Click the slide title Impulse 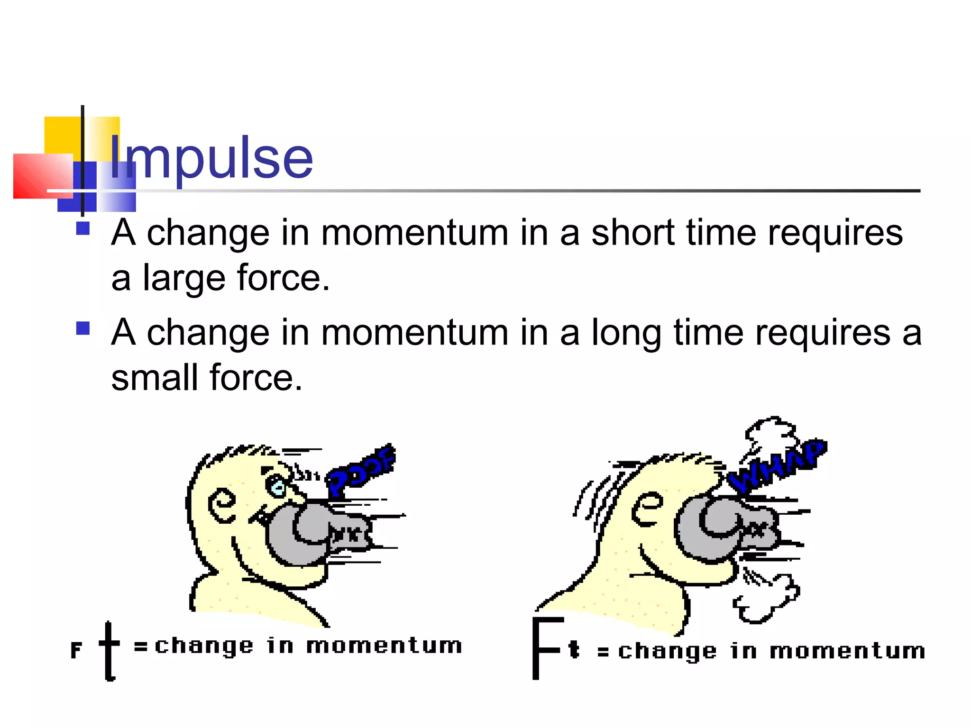(211, 157)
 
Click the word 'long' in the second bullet (627, 334)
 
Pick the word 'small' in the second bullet (155, 378)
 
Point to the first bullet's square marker (83, 228)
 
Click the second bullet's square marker (83, 328)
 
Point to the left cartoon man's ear (222, 505)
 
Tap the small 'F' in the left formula (76, 650)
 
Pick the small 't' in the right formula (574, 649)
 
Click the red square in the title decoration (43, 176)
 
